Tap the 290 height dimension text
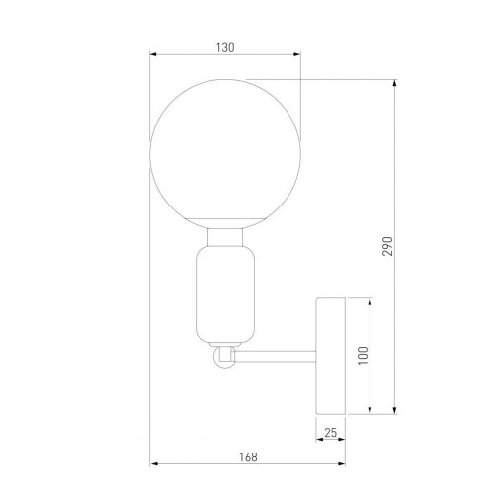click(x=387, y=245)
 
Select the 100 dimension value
click(x=363, y=355)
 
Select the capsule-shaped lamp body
click(x=226, y=293)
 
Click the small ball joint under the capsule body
click(x=226, y=357)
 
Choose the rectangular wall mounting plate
click(x=331, y=355)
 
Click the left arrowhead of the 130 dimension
click(x=153, y=55)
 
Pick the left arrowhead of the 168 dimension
click(x=153, y=465)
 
